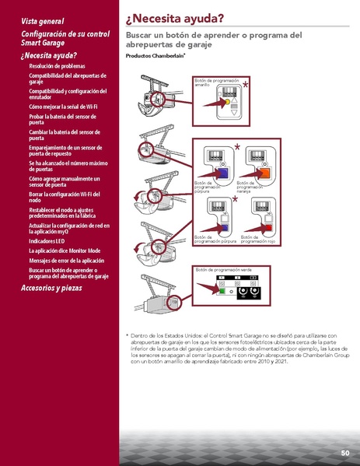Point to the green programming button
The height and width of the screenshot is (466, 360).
221,293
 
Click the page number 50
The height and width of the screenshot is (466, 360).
344,453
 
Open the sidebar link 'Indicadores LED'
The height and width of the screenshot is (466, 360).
47,241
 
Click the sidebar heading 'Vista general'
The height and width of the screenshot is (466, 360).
43,20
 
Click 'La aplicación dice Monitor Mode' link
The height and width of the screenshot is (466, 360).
65,251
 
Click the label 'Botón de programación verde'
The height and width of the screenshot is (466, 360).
225,269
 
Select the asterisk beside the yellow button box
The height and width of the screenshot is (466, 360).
246,85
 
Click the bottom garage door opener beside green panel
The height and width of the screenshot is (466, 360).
159,299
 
